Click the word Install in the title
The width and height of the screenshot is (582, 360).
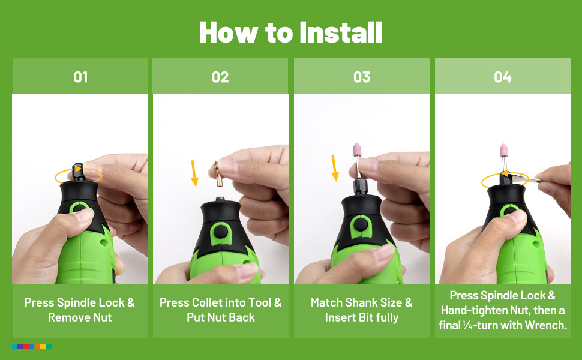(341, 32)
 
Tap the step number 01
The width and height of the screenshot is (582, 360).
(80, 77)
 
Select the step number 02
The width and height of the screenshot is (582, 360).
(220, 77)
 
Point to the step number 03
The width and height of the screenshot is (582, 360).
(362, 77)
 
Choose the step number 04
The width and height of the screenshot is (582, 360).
(503, 77)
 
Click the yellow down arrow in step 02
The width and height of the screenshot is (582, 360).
(194, 173)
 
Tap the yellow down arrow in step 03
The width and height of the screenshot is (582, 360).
(334, 168)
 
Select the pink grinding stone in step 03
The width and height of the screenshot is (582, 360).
(357, 149)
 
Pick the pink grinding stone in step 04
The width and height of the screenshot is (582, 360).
(503, 150)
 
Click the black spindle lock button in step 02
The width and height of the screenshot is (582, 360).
(220, 232)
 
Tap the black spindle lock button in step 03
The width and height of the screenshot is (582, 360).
(360, 224)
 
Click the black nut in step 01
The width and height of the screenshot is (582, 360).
(79, 172)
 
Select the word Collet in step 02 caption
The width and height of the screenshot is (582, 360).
(208, 302)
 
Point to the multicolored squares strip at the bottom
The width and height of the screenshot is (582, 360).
(32, 346)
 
